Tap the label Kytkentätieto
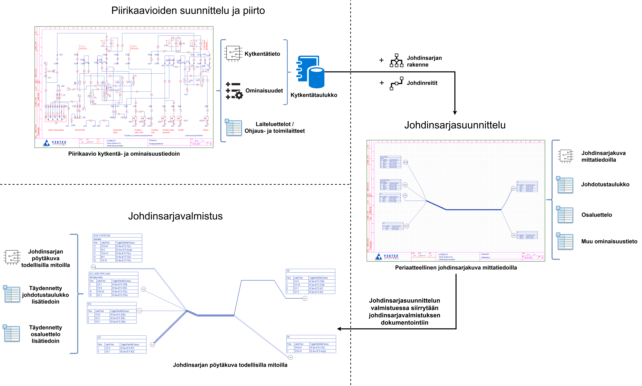(262, 54)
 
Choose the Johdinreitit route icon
(396, 83)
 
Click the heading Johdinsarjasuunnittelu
(455, 125)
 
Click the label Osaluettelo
(597, 215)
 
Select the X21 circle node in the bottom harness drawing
(305, 298)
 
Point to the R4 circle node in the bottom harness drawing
(291, 357)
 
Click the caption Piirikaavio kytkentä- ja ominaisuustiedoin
(124, 154)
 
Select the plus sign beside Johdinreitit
(382, 83)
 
